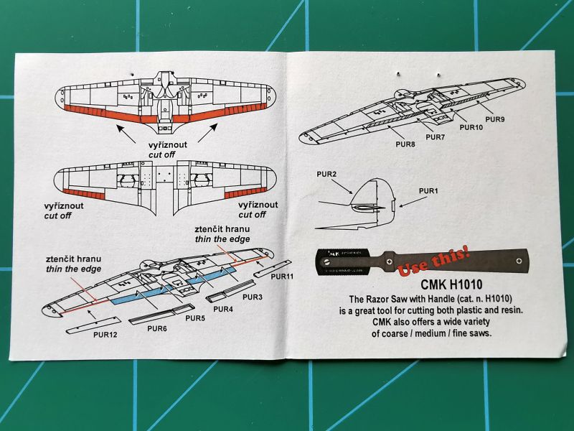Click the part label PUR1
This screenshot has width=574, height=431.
(428, 190)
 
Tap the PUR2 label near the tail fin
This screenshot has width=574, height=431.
(326, 174)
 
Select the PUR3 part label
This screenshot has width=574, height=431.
(253, 296)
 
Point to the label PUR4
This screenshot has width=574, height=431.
(223, 309)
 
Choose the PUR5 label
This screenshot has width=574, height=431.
(196, 318)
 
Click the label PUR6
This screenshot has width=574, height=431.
(157, 329)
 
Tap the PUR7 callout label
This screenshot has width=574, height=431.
(436, 136)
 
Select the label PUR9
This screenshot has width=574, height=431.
(494, 119)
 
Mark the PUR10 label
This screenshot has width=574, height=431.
(471, 128)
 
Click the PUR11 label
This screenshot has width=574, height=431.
(284, 277)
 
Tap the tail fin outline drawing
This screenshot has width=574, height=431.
(370, 198)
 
